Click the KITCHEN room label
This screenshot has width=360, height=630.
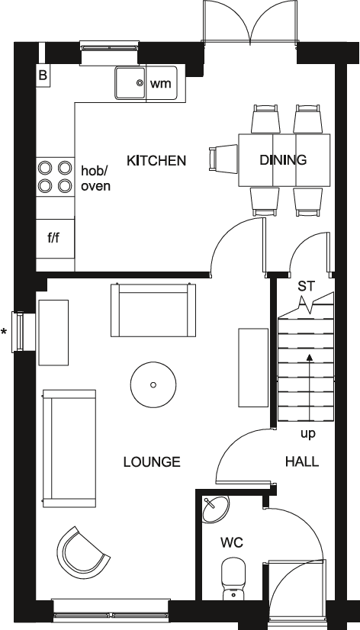156,160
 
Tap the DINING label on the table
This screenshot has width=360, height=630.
283,160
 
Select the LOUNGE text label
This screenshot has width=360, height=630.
152,461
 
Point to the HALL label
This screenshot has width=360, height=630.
302,461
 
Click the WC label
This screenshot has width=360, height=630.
231,543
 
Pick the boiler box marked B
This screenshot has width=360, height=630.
43,75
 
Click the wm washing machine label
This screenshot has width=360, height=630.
160,83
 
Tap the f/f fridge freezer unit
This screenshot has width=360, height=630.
53,238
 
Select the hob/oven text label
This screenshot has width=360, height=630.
95,178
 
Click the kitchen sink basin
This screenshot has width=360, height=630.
131,82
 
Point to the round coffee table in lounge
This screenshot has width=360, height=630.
153,384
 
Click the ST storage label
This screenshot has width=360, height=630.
306,286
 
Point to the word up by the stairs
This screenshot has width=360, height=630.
308,433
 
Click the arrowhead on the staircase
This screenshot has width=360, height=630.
308,355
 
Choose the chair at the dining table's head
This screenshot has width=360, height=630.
224,159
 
